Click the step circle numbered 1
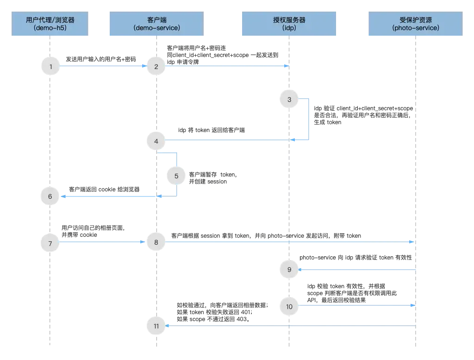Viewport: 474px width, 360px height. click(50, 67)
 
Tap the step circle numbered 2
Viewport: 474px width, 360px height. click(156, 67)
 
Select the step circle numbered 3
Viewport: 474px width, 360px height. click(289, 100)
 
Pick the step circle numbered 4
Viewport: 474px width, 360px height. click(156, 141)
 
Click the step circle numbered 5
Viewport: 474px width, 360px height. click(176, 176)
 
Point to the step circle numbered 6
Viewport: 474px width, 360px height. click(50, 196)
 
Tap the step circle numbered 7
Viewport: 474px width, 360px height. click(50, 242)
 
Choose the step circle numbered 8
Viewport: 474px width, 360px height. click(156, 242)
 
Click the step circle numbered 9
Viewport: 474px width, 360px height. click(289, 269)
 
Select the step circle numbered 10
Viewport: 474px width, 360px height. click(289, 306)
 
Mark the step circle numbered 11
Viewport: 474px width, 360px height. click(156, 326)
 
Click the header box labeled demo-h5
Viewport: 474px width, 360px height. click(50, 24)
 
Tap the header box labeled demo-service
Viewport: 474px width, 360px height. click(156, 24)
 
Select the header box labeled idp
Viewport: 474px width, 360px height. click(289, 24)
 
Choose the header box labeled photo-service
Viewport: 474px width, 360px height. click(416, 24)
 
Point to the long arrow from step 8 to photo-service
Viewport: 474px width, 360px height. click(287, 242)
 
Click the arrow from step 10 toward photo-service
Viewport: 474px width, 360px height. click(356, 305)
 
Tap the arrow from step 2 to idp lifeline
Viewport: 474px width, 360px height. click(227, 66)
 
